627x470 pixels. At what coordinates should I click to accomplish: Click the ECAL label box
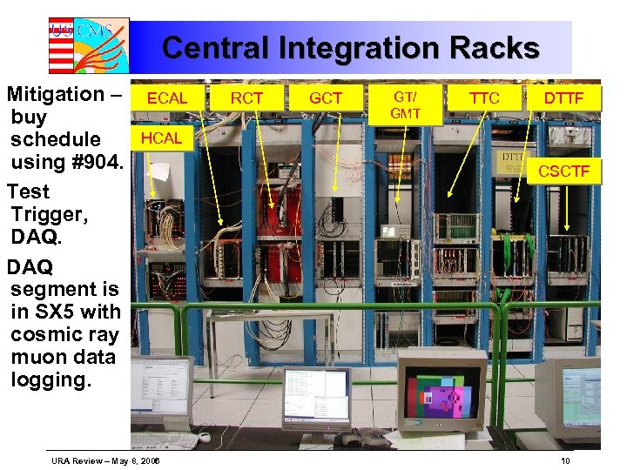click(x=166, y=98)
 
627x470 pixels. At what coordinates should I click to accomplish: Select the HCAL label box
click(x=161, y=138)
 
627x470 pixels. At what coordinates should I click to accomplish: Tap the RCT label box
click(x=246, y=98)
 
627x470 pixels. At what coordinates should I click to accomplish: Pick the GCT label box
click(x=326, y=98)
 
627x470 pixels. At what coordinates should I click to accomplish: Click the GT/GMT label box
click(x=406, y=104)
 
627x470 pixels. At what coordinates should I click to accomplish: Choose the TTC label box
click(x=484, y=98)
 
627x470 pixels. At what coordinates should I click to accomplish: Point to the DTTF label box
click(x=563, y=98)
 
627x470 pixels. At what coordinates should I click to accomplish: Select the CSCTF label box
click(x=563, y=171)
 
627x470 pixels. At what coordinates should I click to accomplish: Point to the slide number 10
click(x=565, y=460)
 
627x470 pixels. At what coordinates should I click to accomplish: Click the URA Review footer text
click(x=110, y=460)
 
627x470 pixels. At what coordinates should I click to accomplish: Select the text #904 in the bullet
click(x=96, y=162)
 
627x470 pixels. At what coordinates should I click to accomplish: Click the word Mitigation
click(x=57, y=94)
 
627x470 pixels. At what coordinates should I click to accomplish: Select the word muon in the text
click(x=38, y=357)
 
